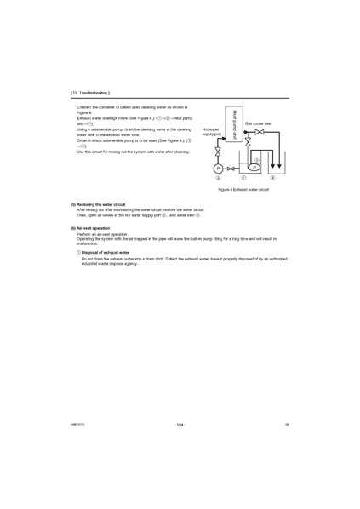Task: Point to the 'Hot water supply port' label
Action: point(211,132)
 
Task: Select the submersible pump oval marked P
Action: point(253,168)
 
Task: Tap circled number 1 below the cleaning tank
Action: point(244,179)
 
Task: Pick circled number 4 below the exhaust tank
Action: point(272,179)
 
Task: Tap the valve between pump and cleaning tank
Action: point(231,168)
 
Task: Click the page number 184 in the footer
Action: point(180,424)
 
